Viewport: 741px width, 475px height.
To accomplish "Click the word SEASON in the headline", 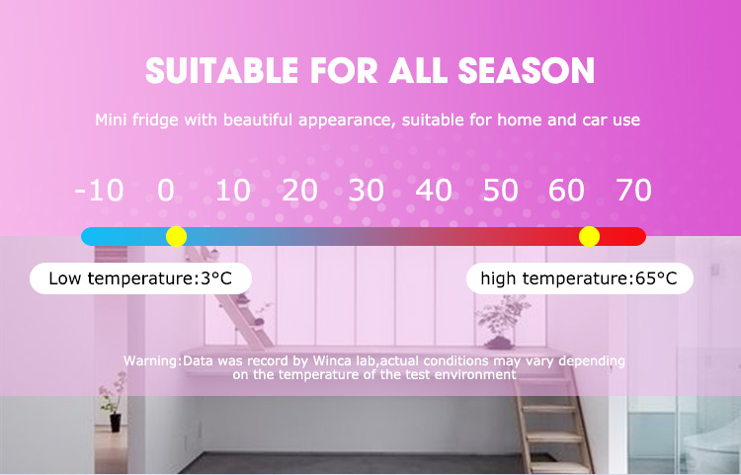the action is coord(526,71).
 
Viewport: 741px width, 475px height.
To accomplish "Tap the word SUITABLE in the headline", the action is coord(221,71).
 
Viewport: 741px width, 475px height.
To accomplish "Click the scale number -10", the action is coord(99,191).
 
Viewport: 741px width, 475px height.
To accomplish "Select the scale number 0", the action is coord(166,191).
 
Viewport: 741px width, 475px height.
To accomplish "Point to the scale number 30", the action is coord(367,191).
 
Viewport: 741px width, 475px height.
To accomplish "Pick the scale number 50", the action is coord(501,191).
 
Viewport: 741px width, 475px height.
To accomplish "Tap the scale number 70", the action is coord(634,191).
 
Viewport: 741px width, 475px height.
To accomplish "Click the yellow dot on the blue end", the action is coord(176,236).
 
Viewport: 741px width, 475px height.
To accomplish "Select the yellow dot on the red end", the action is coord(589,236).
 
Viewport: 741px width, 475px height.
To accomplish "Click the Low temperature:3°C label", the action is coord(140,278).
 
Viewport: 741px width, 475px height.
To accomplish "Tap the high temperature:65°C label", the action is coord(579,278).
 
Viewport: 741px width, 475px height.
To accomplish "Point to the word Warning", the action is coord(151,361).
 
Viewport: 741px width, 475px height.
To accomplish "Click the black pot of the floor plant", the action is coord(116,423).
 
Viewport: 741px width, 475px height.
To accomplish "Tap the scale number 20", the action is coord(299,191).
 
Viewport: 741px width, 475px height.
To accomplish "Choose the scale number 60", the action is coord(567,191).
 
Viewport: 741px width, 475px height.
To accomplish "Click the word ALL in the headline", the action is coord(418,71).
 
